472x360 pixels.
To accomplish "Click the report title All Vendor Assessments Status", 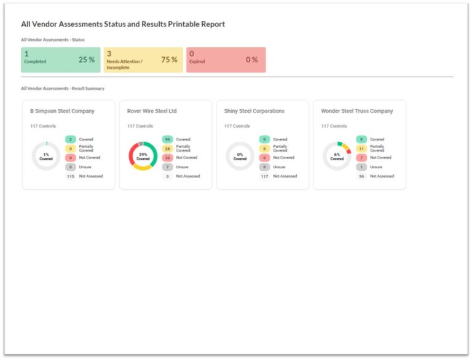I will tap(123, 25).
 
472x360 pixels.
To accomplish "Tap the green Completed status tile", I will tap(60, 60).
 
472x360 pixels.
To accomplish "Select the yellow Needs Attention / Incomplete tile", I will tap(143, 60).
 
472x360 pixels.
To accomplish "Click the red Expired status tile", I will tap(226, 60).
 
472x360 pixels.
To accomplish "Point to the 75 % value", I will tap(169, 60).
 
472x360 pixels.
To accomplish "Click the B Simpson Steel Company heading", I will tap(62, 111).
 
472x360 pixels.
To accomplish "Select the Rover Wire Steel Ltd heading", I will tap(152, 111).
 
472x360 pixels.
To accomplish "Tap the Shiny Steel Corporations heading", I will tap(254, 111).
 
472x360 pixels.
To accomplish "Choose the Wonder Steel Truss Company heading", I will tap(356, 111).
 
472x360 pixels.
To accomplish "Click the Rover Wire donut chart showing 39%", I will tap(143, 156).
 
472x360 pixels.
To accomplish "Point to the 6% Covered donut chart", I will tap(337, 156).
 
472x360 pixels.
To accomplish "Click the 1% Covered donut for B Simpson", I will tap(46, 156).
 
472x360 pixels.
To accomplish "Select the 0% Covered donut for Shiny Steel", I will tap(240, 156).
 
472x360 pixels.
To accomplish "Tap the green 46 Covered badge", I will tap(167, 139).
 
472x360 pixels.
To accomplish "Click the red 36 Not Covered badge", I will tap(167, 158).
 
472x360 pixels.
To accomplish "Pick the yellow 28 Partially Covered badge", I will tap(167, 149).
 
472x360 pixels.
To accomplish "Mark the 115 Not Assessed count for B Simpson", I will tap(71, 176).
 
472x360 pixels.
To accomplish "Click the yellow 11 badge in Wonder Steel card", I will tap(361, 149).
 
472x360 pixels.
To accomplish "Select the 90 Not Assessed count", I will tap(361, 176).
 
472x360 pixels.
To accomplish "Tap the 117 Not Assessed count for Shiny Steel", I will tap(265, 176).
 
